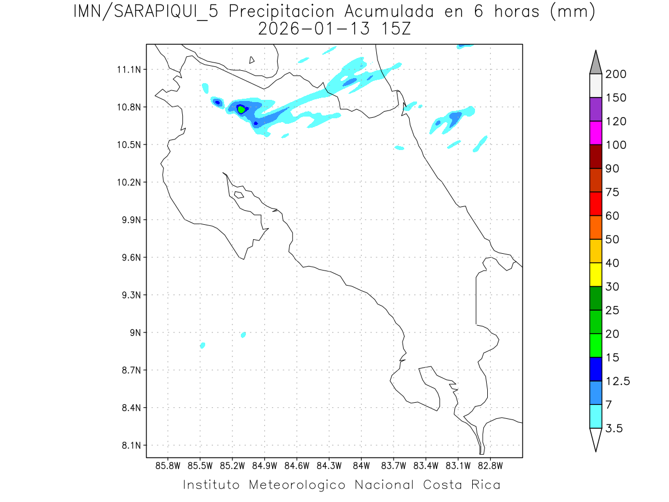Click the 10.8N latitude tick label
click(129, 107)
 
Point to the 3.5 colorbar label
click(615, 428)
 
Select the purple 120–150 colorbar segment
click(595, 109)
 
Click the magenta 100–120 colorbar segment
click(595, 133)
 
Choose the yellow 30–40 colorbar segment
click(595, 274)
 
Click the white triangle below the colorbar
click(595, 439)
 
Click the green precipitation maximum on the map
click(241, 109)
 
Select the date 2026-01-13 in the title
click(314, 30)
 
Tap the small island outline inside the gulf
click(239, 195)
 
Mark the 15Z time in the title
click(394, 30)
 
